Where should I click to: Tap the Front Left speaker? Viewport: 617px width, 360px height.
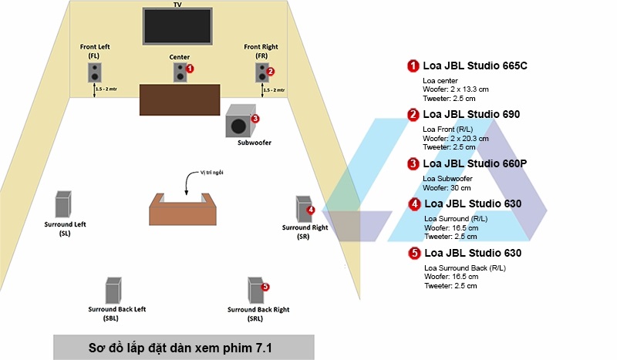click(94, 73)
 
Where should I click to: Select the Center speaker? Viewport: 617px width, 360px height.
click(180, 73)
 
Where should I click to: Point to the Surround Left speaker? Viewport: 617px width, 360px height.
click(63, 204)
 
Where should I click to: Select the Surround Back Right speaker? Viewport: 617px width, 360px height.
click(255, 290)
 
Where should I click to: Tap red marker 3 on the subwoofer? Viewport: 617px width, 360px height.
click(255, 119)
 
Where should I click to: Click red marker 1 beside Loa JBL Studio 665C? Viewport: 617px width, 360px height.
click(413, 66)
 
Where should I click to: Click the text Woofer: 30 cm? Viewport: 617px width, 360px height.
click(447, 187)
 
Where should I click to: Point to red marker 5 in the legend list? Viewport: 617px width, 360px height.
click(413, 253)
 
